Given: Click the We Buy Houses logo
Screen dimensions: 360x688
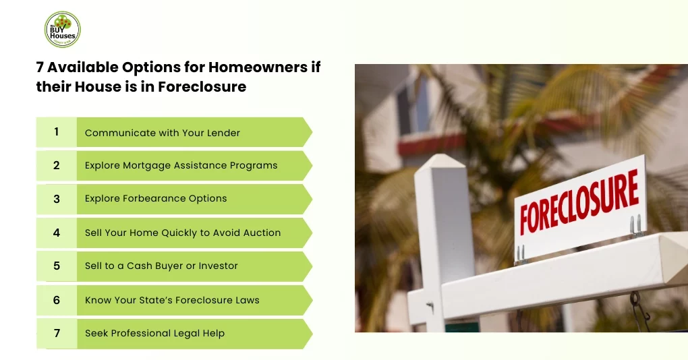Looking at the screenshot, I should (62, 30).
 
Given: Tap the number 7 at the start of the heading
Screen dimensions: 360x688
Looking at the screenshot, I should (40, 67).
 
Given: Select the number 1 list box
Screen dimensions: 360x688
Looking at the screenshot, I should (57, 132).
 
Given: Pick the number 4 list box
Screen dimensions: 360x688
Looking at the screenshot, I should (57, 233).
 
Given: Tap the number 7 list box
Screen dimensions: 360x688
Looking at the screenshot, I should (57, 333).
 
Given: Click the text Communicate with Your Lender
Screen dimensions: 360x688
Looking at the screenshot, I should (162, 133).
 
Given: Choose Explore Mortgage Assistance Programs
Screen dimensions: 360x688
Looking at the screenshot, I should (181, 165).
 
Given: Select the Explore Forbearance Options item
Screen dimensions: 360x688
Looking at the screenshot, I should (156, 199).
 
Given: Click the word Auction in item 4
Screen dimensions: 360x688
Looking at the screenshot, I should (262, 233).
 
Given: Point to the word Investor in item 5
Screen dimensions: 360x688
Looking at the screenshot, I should (219, 266).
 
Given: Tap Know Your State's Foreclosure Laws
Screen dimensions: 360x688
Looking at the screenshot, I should (172, 300).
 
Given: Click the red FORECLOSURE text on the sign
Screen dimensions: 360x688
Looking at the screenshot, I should (579, 202).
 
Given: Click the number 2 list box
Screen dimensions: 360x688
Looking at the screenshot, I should (57, 165).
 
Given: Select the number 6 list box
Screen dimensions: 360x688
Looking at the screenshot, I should (57, 300).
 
